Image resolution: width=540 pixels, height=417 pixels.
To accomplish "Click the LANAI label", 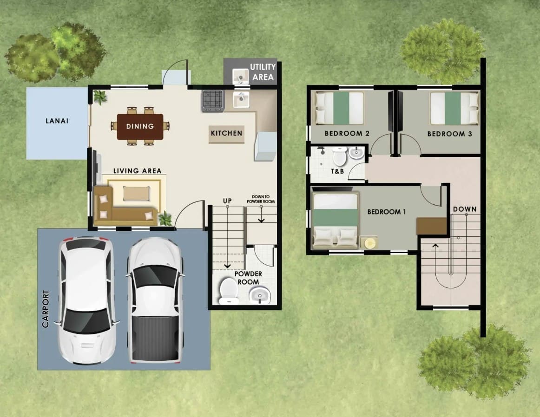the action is point(57,121).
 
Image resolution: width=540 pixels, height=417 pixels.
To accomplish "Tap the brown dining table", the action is point(140,126).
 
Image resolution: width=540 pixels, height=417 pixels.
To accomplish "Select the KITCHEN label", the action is point(226,133).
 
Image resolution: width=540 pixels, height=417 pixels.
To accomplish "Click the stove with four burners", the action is point(213,100).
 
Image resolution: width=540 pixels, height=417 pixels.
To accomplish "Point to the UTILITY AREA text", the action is point(263,72).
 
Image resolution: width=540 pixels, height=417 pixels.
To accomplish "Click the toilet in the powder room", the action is point(229,291).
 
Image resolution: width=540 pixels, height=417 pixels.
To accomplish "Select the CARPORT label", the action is point(46,309).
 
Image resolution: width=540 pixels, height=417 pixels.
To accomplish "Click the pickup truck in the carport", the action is point(155,300).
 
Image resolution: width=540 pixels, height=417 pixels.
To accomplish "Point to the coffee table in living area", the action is point(136,193).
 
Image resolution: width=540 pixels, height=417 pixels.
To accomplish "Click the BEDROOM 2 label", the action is point(347,133).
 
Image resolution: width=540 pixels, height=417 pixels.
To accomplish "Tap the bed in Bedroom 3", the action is point(454,108).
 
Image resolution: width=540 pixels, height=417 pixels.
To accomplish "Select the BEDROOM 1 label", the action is point(386,212).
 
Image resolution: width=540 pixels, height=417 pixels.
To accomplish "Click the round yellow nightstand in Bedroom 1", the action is point(369,243).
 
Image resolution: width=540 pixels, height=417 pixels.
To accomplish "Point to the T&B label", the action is point(337,171).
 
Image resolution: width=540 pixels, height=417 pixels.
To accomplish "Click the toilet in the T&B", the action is point(340,156).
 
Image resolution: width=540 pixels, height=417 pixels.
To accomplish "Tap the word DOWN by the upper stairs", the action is point(465,209).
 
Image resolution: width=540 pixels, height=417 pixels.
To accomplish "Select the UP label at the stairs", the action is point(227,201).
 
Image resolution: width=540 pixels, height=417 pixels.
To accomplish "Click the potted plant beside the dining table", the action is point(100,98).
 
